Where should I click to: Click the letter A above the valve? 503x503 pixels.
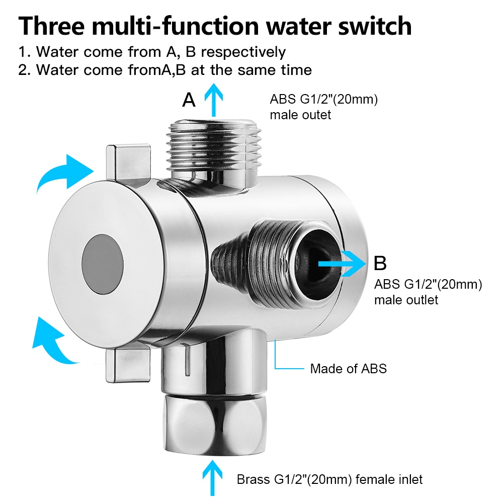pos(189,100)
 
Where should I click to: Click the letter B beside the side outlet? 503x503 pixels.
pos(380,263)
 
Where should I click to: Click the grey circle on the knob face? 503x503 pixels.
pos(104,264)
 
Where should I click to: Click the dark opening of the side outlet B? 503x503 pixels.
pos(314,262)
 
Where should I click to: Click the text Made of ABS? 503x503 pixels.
pos(348,369)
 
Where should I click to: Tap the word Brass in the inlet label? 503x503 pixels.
pos(254,479)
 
